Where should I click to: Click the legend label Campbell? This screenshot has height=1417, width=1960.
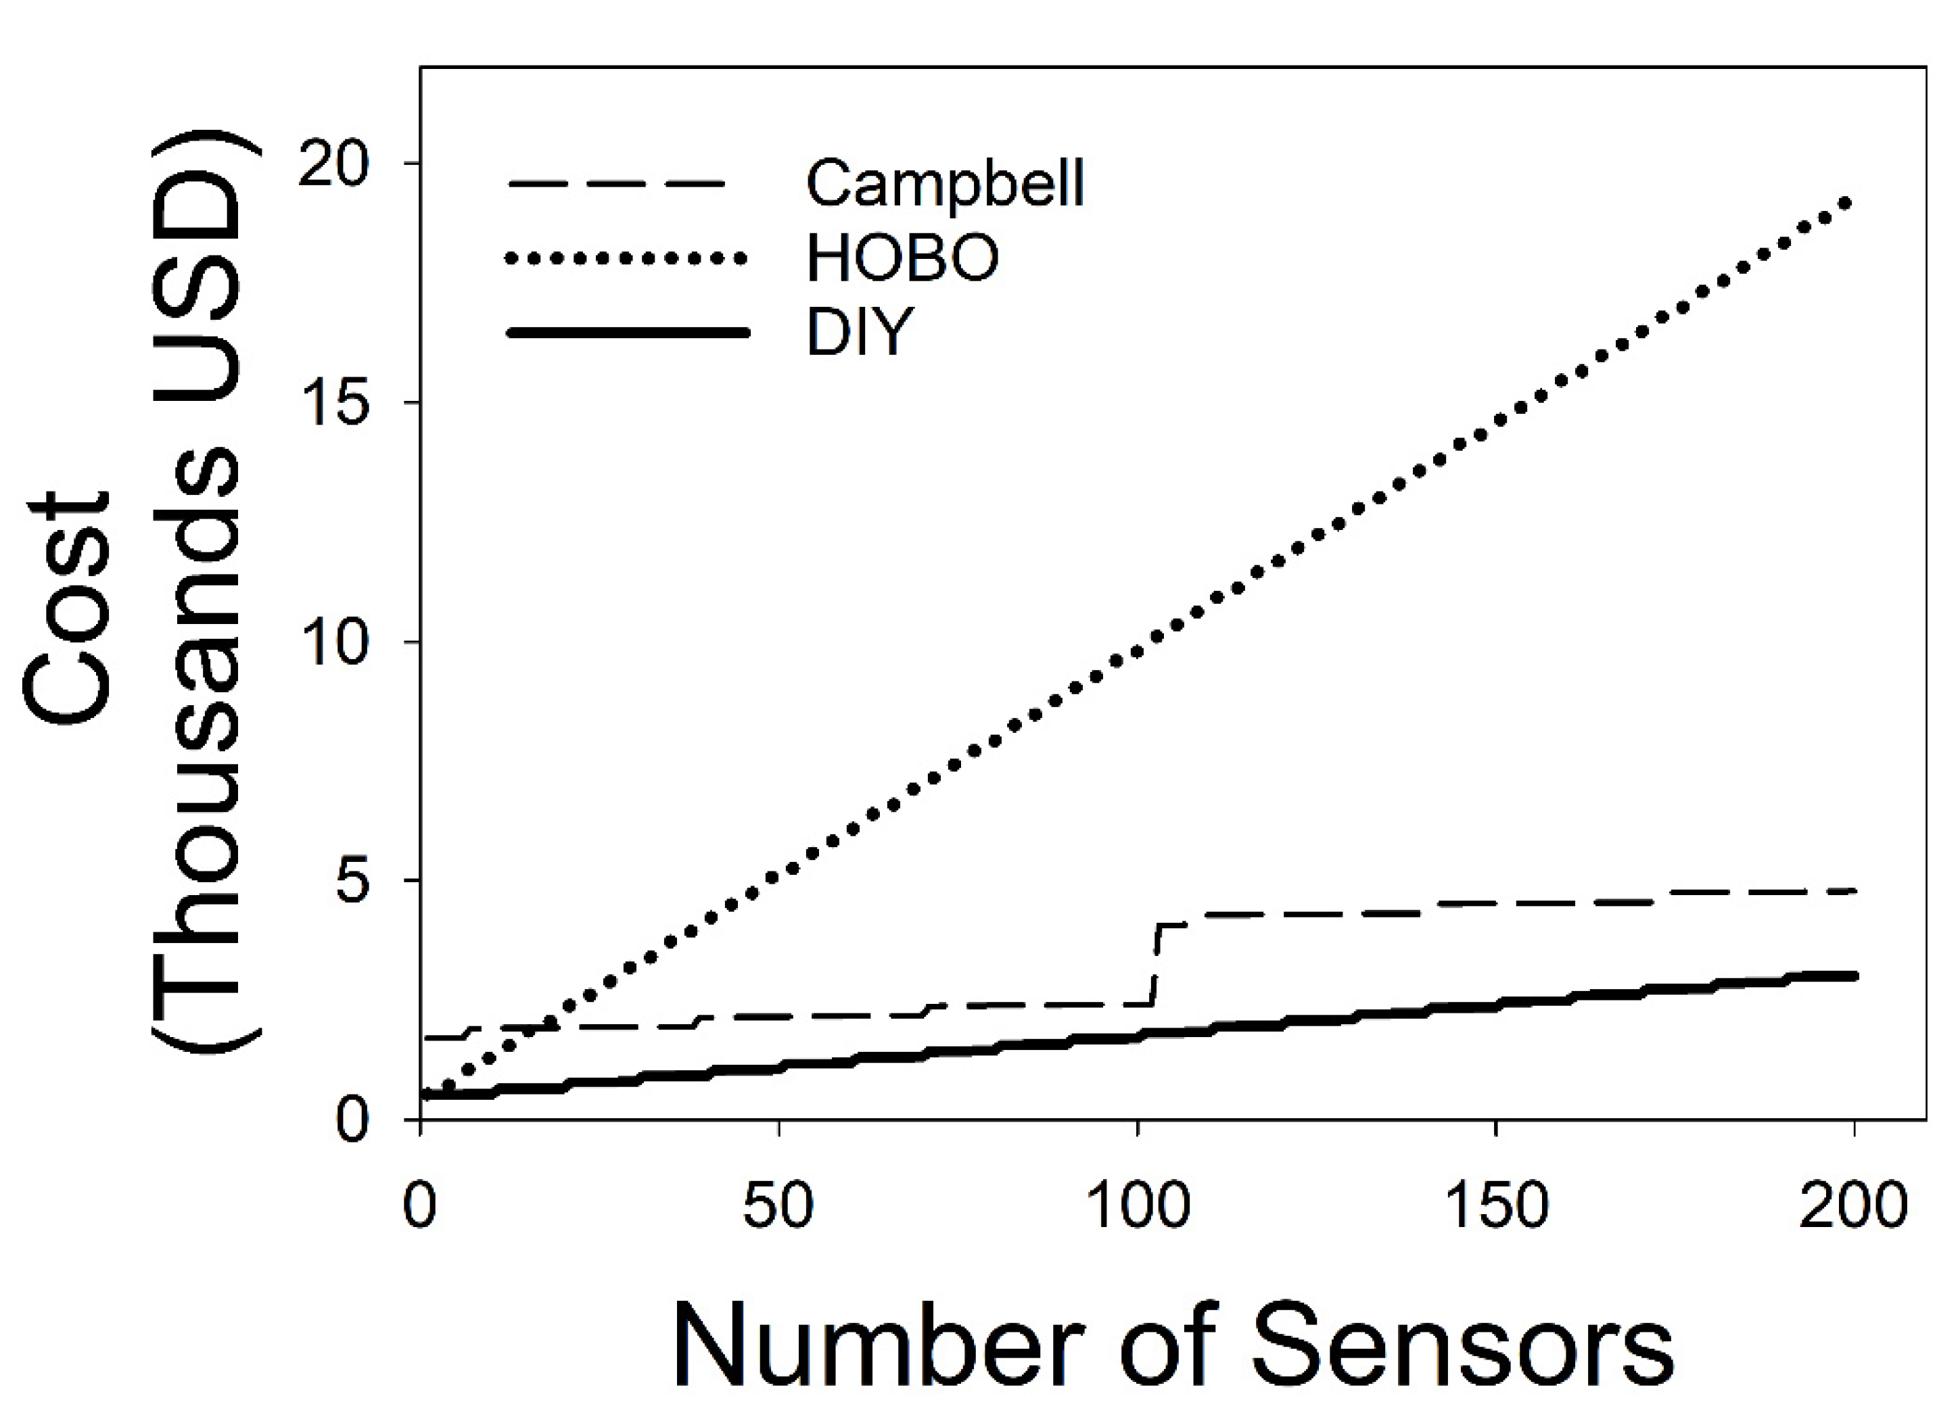tap(945, 184)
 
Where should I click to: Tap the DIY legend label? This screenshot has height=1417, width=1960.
tap(859, 333)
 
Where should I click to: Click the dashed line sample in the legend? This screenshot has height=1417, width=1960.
tap(615, 184)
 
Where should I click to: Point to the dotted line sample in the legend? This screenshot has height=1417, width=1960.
tap(626, 258)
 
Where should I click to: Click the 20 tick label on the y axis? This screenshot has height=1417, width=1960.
tap(333, 164)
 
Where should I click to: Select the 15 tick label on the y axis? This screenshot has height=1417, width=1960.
tap(333, 403)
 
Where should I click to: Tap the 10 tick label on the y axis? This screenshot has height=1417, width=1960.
tap(333, 642)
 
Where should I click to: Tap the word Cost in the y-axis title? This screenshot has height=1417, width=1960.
tap(69, 609)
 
